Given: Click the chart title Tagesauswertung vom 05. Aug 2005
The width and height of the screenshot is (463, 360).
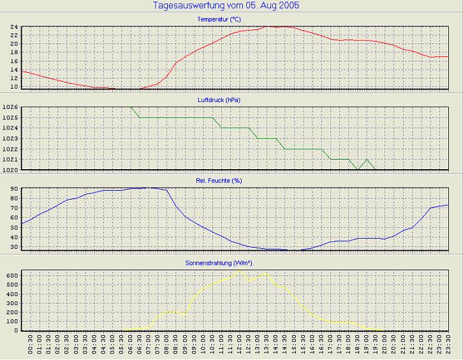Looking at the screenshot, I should (226, 5).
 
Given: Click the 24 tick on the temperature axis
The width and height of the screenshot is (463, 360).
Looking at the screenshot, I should (13, 27).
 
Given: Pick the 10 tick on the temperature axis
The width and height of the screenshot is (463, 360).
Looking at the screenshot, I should (13, 87).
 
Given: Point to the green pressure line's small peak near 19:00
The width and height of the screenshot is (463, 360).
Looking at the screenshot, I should (367, 160).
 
